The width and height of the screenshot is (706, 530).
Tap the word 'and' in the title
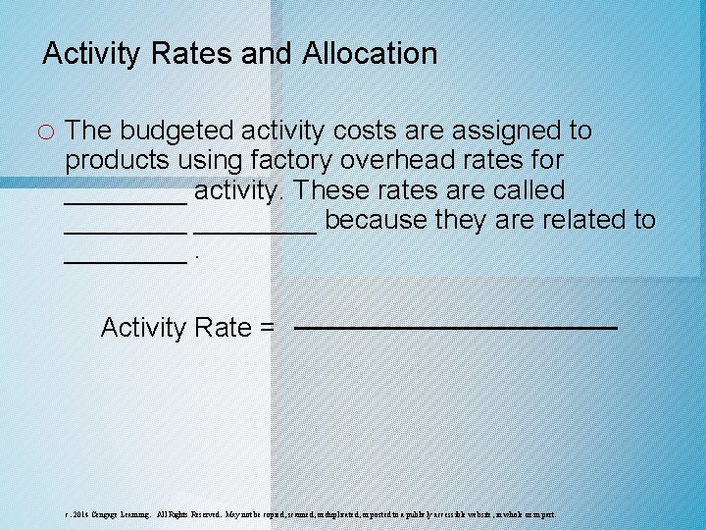coord(267,53)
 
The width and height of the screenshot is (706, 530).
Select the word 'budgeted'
coord(180,131)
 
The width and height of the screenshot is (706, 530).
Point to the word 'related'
coord(580,220)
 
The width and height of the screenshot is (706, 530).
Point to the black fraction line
coord(455,327)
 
